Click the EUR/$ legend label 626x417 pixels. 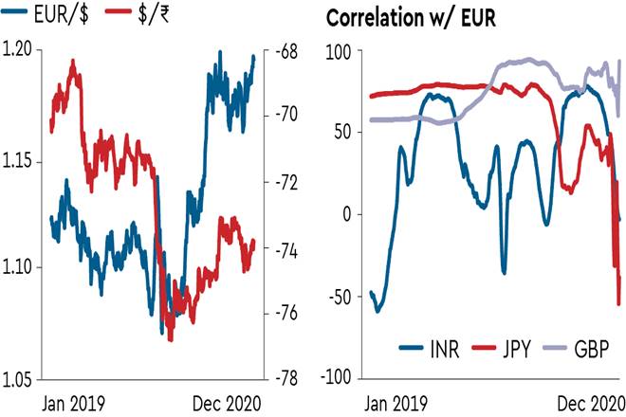54,15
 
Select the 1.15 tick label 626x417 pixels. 20,162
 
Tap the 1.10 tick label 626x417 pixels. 20,267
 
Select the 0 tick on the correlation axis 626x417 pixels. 345,214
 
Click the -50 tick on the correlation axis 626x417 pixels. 339,297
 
